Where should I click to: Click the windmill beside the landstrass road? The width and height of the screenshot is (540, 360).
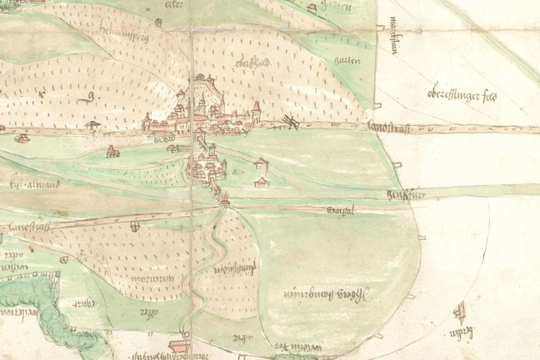point(290,122)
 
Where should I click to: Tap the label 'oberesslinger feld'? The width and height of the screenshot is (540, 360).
point(461,95)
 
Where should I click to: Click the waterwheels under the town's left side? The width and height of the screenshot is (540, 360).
point(163,139)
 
